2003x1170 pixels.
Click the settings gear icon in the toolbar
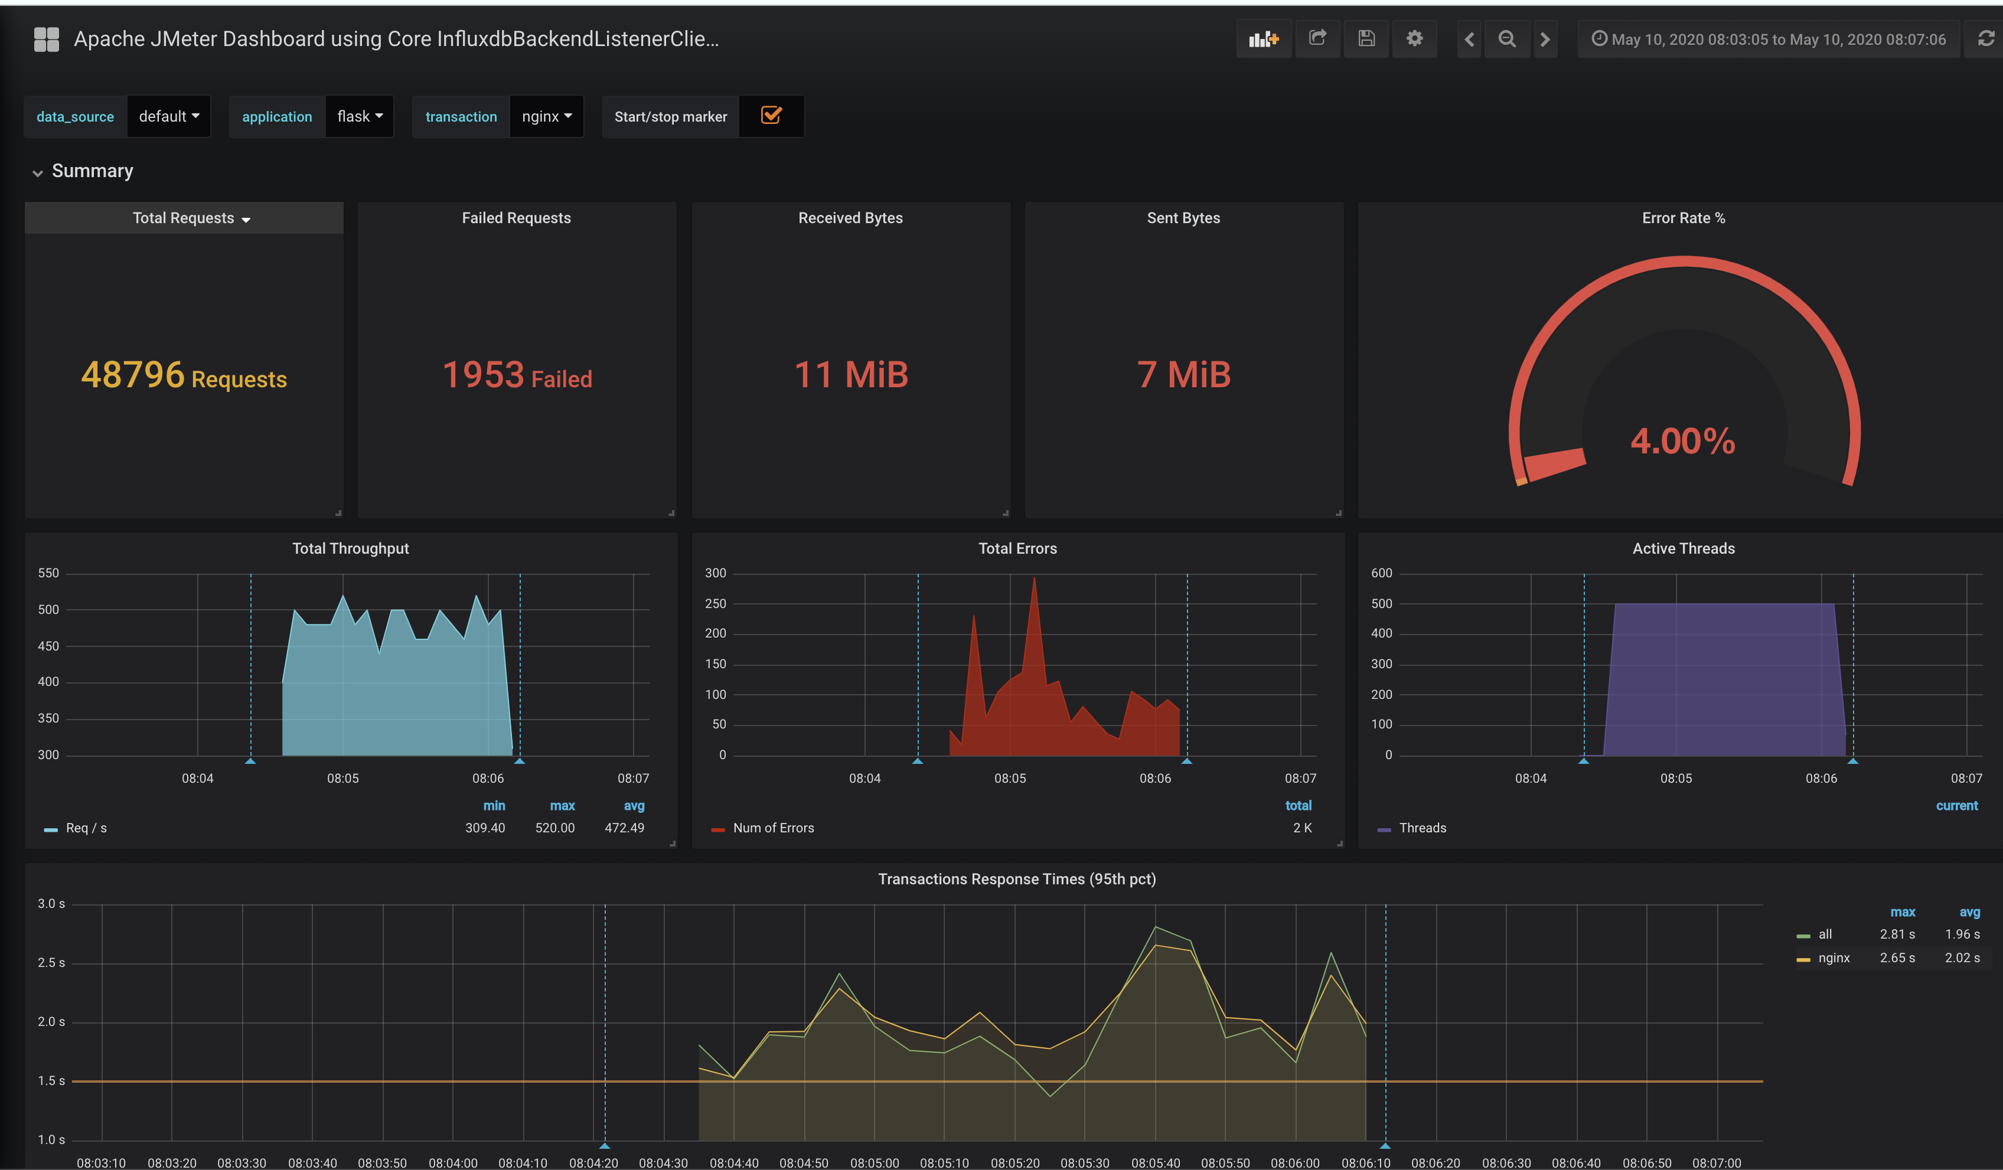click(x=1414, y=39)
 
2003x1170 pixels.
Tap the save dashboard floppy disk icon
click(x=1366, y=39)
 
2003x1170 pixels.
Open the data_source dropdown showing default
click(x=168, y=117)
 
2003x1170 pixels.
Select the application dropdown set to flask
click(x=359, y=117)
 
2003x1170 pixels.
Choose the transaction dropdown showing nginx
click(x=546, y=117)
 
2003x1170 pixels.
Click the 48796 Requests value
click(x=184, y=375)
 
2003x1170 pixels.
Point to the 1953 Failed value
click(x=517, y=375)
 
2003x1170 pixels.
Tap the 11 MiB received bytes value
click(x=850, y=375)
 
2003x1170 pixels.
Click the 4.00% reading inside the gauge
click(x=1683, y=441)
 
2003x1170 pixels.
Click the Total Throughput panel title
click(x=351, y=548)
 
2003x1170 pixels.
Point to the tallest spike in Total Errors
click(x=1034, y=580)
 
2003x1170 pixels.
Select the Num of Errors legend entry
click(x=772, y=828)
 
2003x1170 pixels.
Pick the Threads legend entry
click(x=1422, y=828)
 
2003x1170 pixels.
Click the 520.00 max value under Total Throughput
click(x=555, y=828)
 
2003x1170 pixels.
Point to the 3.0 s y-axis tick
click(x=51, y=904)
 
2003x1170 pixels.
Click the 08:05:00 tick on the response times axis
click(x=875, y=1163)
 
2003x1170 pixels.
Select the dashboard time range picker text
click(x=1778, y=40)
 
